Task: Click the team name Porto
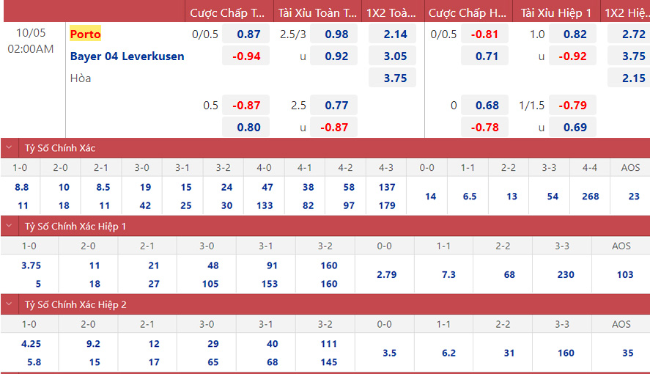(x=86, y=34)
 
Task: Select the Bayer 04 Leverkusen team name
(x=127, y=56)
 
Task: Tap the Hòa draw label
(x=81, y=78)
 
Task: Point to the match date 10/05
(x=30, y=34)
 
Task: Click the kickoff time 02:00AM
(x=30, y=48)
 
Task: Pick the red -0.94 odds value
(x=246, y=56)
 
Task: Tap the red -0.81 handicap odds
(x=484, y=34)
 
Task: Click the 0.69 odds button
(x=575, y=127)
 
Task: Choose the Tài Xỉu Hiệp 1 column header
(x=556, y=13)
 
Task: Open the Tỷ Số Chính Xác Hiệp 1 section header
(x=75, y=227)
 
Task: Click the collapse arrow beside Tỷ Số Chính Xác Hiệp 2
(x=9, y=304)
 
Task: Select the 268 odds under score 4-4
(x=590, y=197)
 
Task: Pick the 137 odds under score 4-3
(x=387, y=187)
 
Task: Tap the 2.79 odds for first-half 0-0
(x=385, y=275)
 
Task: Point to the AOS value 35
(x=627, y=353)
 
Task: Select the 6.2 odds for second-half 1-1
(x=448, y=353)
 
